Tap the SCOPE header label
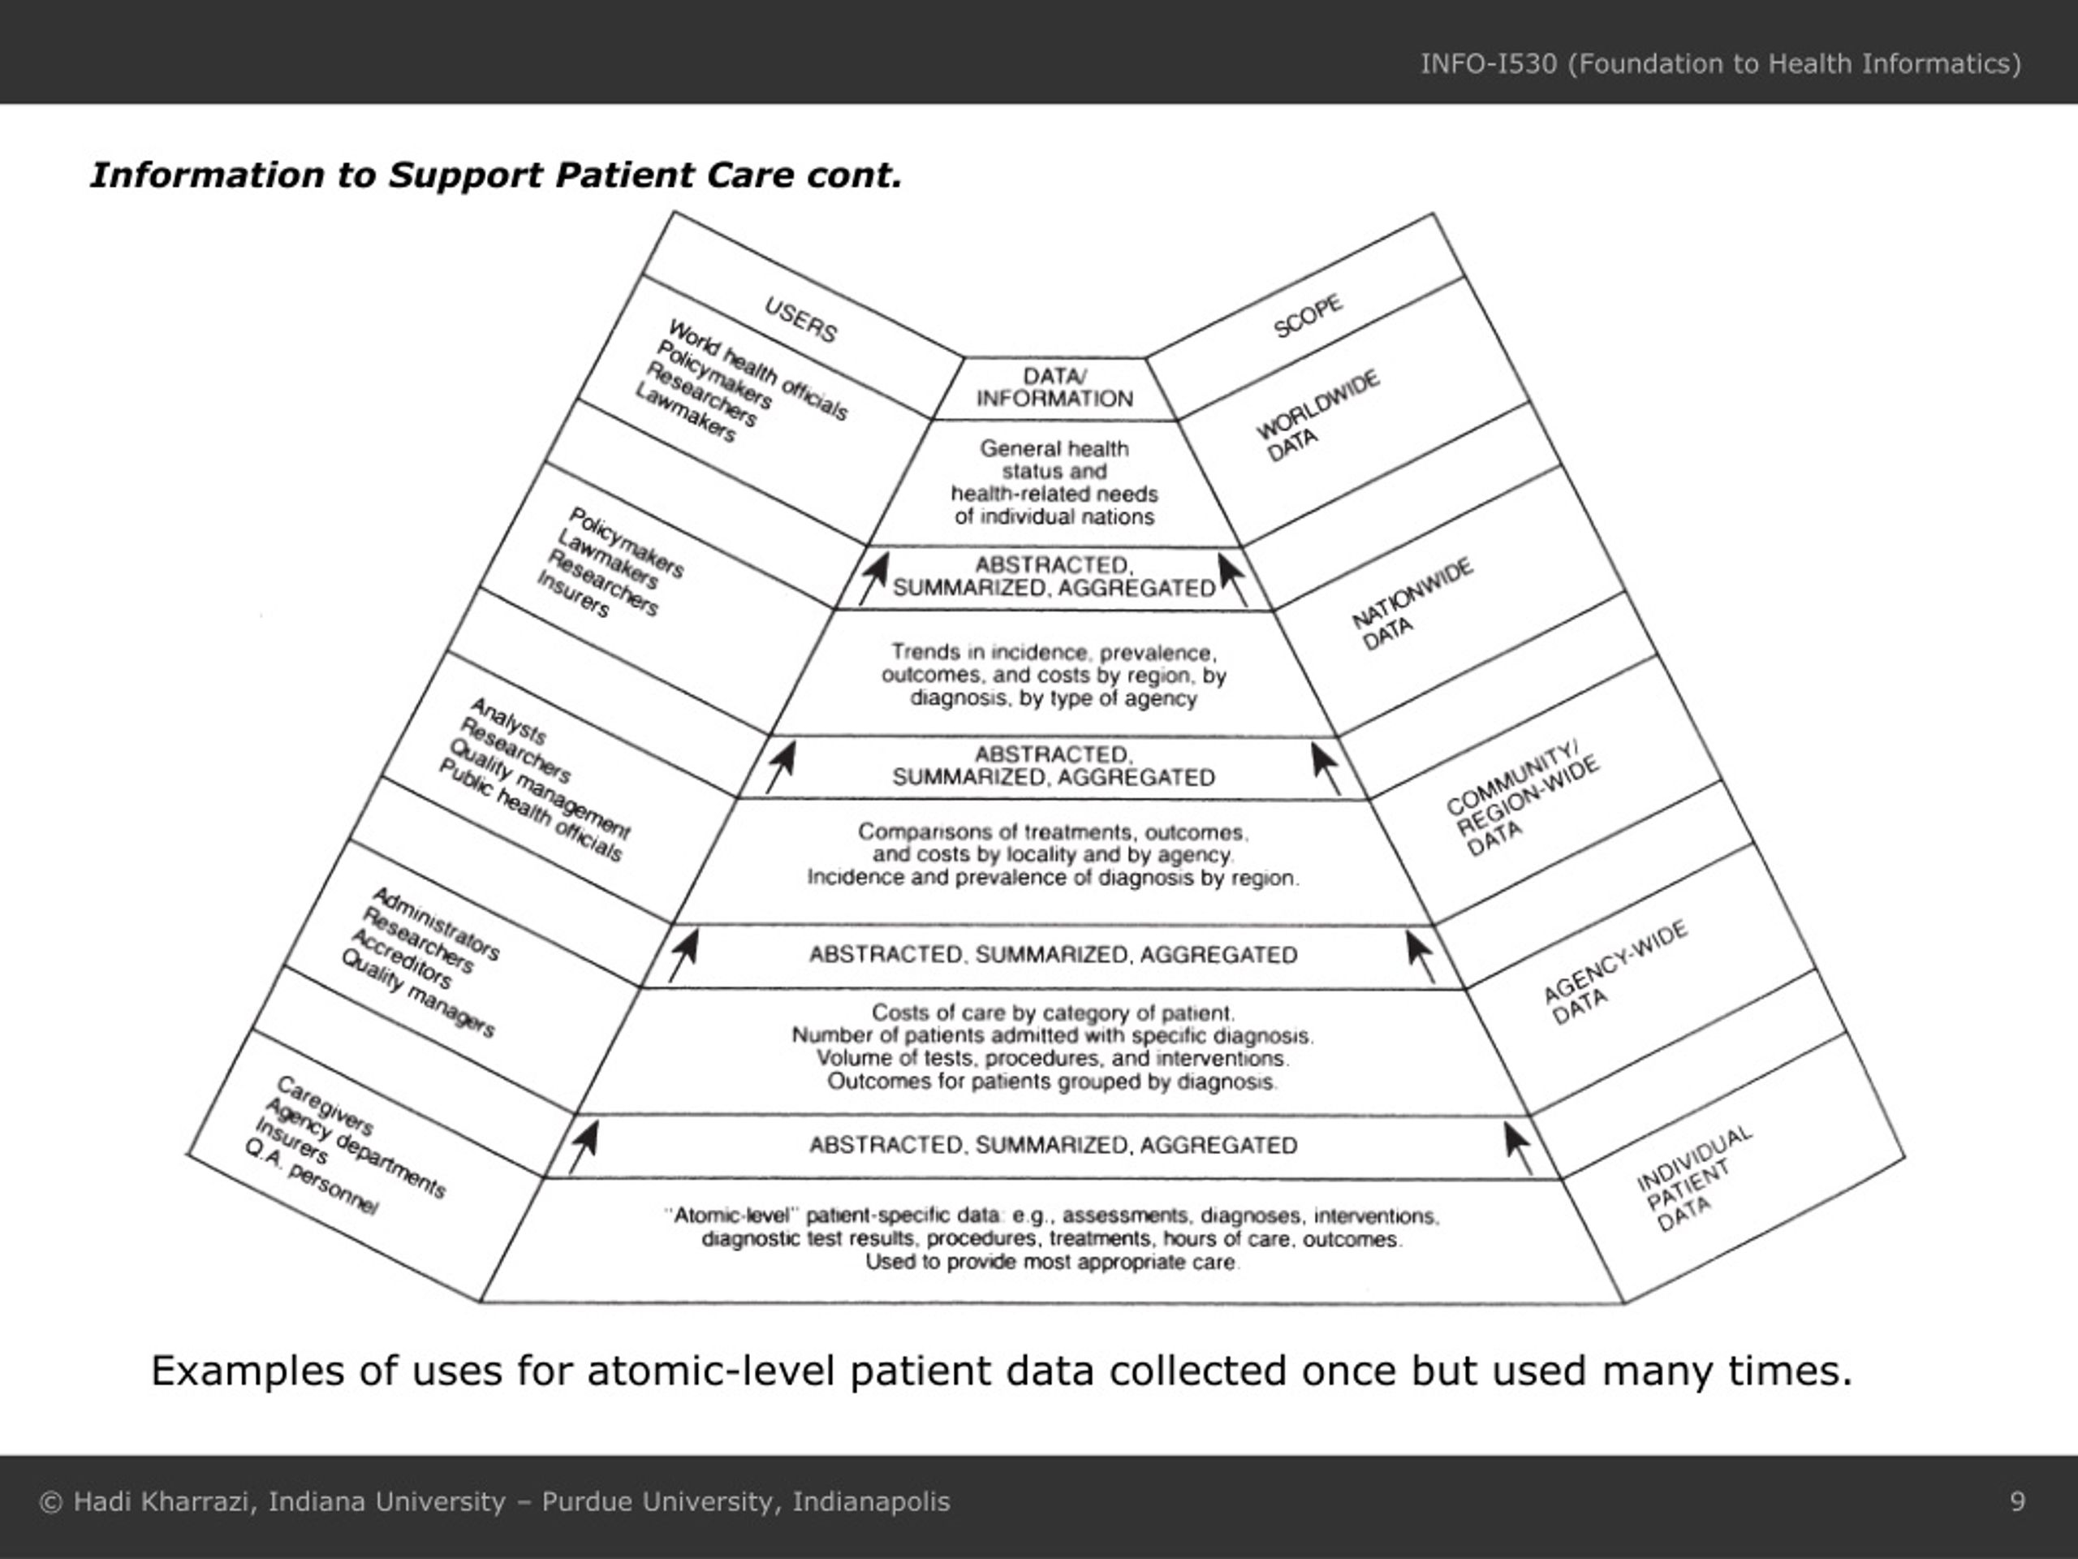pyautogui.click(x=1308, y=316)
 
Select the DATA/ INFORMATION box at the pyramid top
pyautogui.click(x=1054, y=388)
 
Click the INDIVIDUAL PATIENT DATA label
pyautogui.click(x=1692, y=1178)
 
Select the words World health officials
pyautogui.click(x=757, y=369)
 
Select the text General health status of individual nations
pyautogui.click(x=1054, y=483)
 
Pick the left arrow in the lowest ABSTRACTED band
pyautogui.click(x=584, y=1147)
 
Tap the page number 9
pyautogui.click(x=2017, y=1501)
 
